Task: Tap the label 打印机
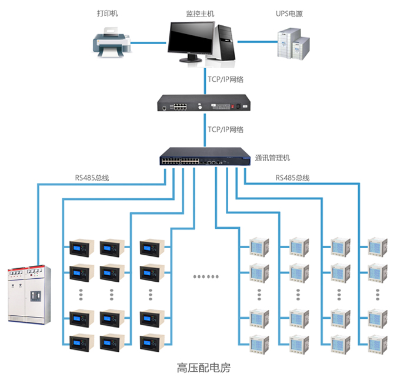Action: [108, 12]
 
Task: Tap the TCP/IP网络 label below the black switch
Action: [225, 129]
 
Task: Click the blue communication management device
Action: [203, 158]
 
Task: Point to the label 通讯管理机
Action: [272, 158]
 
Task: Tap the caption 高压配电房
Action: [203, 369]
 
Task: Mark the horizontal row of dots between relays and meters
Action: [206, 276]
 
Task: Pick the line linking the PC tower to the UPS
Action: [256, 42]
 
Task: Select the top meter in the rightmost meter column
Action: [376, 246]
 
